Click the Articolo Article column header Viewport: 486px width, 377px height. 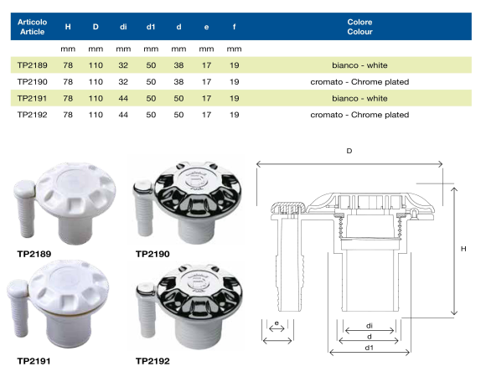click(x=32, y=27)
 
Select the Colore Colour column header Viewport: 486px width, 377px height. click(x=359, y=27)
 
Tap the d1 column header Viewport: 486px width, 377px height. click(x=151, y=27)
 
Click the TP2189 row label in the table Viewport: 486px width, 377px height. click(x=32, y=65)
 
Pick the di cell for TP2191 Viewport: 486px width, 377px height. click(x=123, y=98)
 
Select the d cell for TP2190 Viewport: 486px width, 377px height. click(x=178, y=82)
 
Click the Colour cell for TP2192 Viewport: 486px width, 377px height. click(x=359, y=115)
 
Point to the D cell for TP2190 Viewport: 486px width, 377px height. click(x=96, y=82)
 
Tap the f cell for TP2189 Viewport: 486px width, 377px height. click(x=234, y=65)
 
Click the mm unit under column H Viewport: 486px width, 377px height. click(x=68, y=49)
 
